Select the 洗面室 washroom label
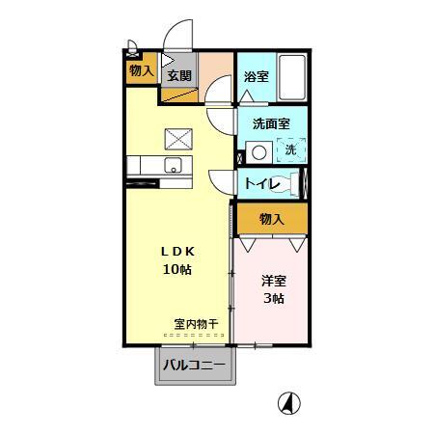pos(272,123)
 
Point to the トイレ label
pos(262,183)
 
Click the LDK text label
pos(176,251)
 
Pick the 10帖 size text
pos(176,269)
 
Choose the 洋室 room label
pos(274,281)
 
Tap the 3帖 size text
pos(274,298)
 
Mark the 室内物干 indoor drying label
pos(196,323)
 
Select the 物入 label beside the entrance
pos(141,70)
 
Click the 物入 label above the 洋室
pos(272,219)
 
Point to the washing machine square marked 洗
pos(289,149)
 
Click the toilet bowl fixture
pos(294,182)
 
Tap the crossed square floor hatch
pos(177,137)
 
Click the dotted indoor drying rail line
pos(196,335)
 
